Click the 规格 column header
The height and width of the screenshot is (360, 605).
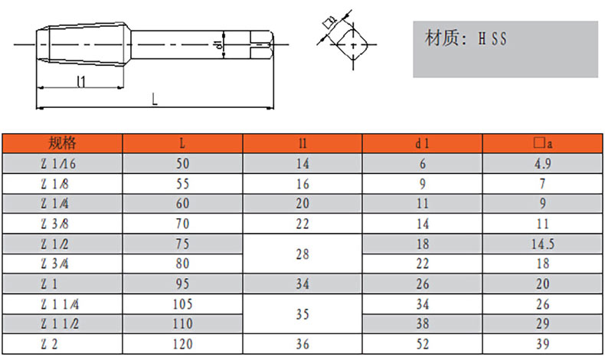(x=63, y=142)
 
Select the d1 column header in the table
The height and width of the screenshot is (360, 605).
(x=422, y=142)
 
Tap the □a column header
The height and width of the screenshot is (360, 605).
(x=543, y=142)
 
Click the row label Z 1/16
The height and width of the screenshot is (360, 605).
(x=63, y=163)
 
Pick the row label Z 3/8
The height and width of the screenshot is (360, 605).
(x=63, y=224)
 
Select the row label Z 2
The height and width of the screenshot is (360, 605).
(x=63, y=344)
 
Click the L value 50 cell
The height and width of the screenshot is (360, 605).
(x=182, y=163)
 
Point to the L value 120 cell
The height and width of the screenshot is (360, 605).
(x=182, y=344)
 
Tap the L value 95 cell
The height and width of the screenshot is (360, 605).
(x=182, y=284)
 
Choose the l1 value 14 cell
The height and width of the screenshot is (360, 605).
(x=302, y=163)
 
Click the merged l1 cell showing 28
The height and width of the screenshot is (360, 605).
(x=302, y=254)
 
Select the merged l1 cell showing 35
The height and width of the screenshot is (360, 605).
(x=302, y=314)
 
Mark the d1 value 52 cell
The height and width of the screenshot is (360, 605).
(x=422, y=344)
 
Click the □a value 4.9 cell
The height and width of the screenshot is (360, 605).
(x=543, y=163)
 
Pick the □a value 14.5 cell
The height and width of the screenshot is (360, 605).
(x=543, y=244)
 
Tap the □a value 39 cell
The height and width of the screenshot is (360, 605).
(x=543, y=344)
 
